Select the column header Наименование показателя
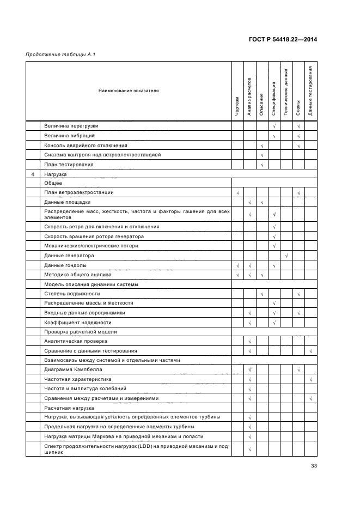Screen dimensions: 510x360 tap(129, 91)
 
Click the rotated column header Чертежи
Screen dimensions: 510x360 tap(237, 106)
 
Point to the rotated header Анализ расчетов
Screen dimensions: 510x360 tap(249, 97)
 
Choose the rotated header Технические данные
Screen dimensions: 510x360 tap(286, 91)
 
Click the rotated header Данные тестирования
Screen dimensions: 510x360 tap(310, 90)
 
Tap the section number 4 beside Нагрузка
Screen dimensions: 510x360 tap(34, 174)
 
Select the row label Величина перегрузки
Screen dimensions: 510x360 tap(71, 126)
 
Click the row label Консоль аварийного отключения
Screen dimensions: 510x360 tap(86, 145)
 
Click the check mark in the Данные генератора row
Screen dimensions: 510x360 tap(286, 256)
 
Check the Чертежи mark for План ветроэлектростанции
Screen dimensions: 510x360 tap(237, 193)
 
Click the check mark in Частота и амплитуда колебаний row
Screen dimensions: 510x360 tap(249, 389)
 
